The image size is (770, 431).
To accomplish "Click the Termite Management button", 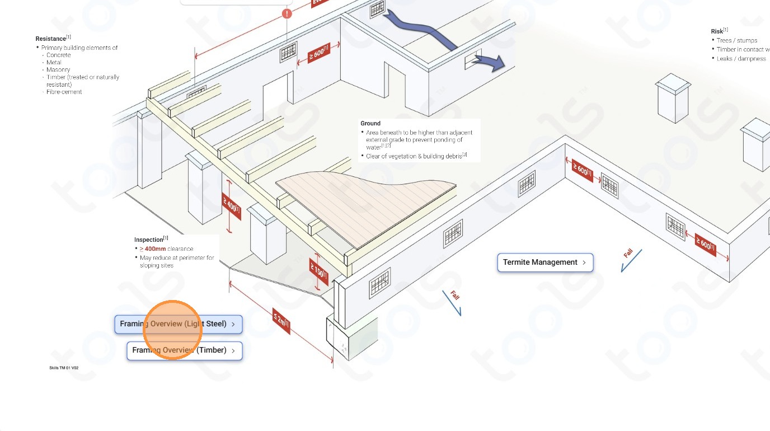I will click(544, 263).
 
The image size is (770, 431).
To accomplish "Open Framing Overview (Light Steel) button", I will click(179, 324).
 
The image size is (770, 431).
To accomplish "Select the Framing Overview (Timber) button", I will click(184, 350).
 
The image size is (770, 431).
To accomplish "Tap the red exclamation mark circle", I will click(287, 13).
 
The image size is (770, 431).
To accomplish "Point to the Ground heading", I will click(370, 123).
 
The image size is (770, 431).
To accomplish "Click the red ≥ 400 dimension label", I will click(231, 205).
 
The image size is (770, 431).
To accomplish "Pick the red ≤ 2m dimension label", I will click(281, 320).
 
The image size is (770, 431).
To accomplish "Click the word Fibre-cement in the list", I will click(64, 92).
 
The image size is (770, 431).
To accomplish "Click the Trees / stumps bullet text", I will click(737, 40).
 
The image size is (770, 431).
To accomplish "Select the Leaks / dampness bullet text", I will click(741, 59).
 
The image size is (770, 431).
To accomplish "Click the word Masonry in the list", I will click(58, 70).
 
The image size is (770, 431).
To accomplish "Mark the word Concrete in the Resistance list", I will click(59, 55).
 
